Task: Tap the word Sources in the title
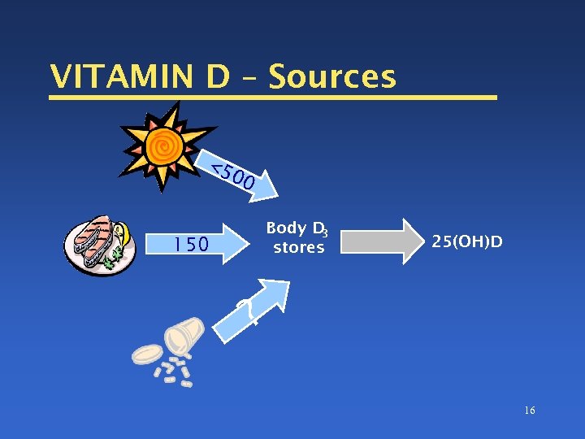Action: tap(332, 76)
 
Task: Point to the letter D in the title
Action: tap(218, 76)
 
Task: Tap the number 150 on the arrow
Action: tap(192, 244)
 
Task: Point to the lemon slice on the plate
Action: tap(122, 233)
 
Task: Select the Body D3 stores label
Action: tap(297, 237)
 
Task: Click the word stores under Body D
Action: tap(298, 247)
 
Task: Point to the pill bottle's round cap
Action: tap(147, 354)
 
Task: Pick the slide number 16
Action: tap(530, 411)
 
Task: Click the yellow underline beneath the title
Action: tap(272, 98)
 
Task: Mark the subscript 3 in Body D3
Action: tap(324, 233)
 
